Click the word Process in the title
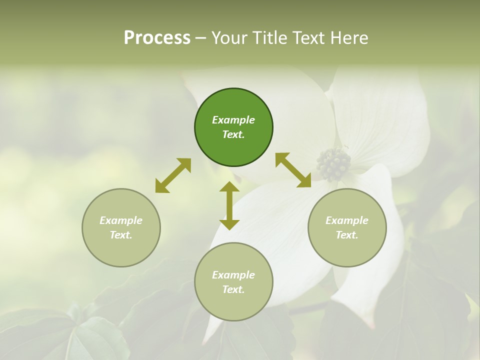(x=157, y=38)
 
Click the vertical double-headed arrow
(x=229, y=205)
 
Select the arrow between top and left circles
(x=173, y=175)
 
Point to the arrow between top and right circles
(x=293, y=170)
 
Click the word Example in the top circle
(x=233, y=120)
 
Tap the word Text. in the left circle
(x=121, y=235)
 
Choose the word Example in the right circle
(x=347, y=220)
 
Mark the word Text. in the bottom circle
(x=233, y=289)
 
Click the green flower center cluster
(x=333, y=164)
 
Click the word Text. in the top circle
(x=233, y=134)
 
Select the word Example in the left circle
(x=121, y=220)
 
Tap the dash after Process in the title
(x=200, y=38)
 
